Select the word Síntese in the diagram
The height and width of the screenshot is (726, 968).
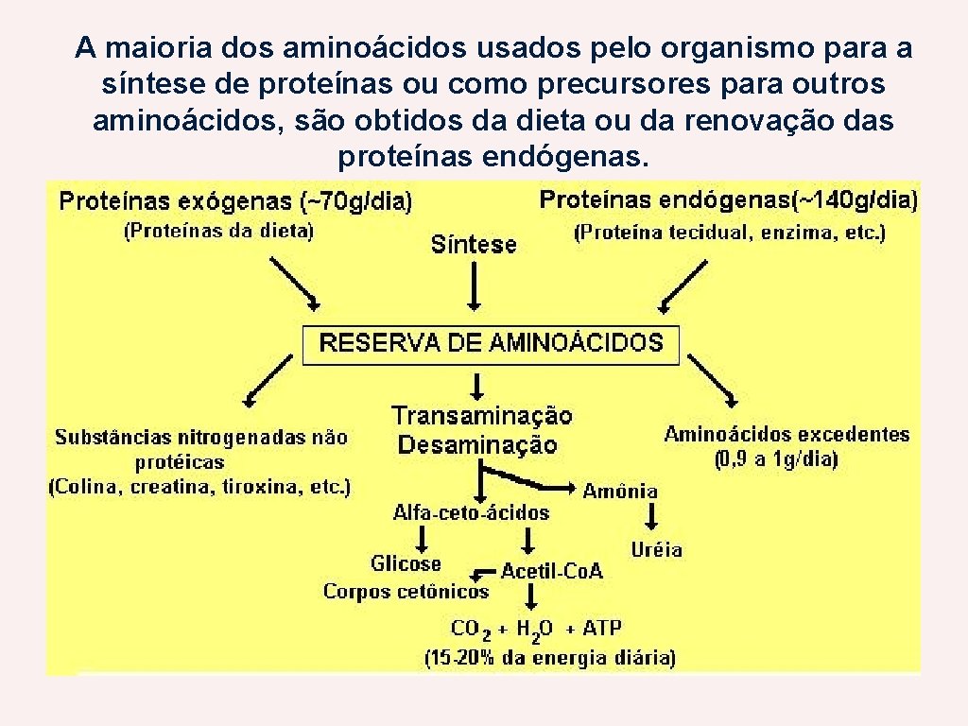coord(474,245)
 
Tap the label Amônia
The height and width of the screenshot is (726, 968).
coord(620,491)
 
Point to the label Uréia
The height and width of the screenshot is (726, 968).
coord(656,549)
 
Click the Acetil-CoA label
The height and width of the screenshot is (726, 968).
coord(552,571)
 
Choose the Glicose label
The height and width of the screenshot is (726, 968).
coord(406,563)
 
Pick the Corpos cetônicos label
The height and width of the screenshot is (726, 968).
coord(406,592)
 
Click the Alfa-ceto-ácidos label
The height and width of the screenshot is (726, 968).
coord(471,512)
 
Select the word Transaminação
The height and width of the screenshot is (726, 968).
coord(482,416)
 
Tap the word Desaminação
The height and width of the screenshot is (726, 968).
coord(477,444)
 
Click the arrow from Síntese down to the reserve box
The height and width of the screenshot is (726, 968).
coord(474,287)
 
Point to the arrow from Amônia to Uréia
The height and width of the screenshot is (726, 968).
coord(651,517)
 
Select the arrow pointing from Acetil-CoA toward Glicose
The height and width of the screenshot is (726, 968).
coord(484,572)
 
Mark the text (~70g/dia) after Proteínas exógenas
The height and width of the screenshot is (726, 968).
coord(356,201)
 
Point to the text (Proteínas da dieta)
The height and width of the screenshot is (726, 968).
coord(219,230)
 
